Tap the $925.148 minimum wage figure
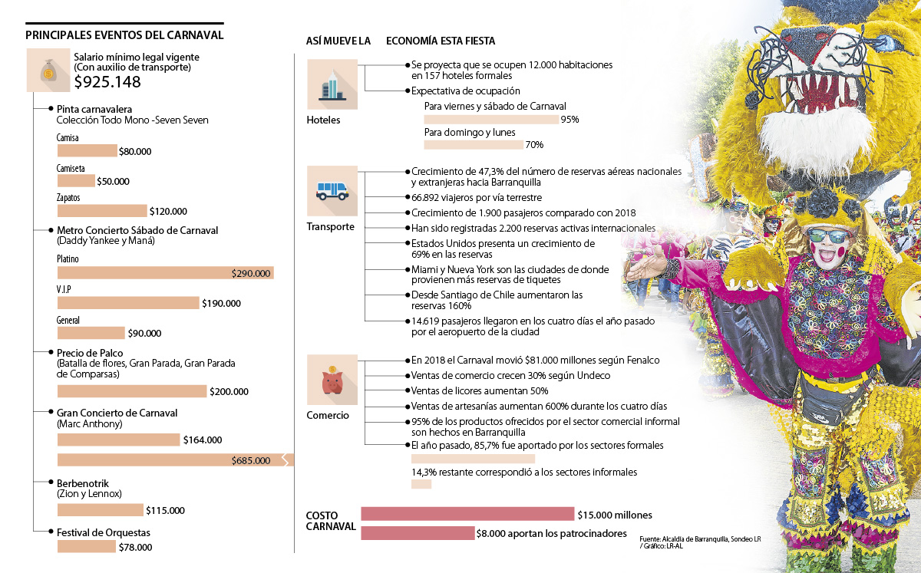(x=107, y=82)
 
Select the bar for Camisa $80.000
(x=87, y=151)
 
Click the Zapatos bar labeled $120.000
(x=101, y=211)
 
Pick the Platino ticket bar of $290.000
(x=165, y=273)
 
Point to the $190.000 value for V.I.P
(x=221, y=304)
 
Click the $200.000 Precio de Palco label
(x=229, y=392)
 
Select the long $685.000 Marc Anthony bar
(x=175, y=460)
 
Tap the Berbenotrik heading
(x=83, y=483)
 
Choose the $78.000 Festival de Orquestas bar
(x=86, y=547)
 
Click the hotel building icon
(x=332, y=84)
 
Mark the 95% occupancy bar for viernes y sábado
(x=491, y=120)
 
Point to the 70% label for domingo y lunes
(x=534, y=145)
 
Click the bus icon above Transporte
(x=332, y=190)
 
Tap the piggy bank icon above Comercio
(x=332, y=380)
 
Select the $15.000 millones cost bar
(x=467, y=515)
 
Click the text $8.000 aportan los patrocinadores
(x=551, y=533)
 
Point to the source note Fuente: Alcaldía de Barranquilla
(x=699, y=539)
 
